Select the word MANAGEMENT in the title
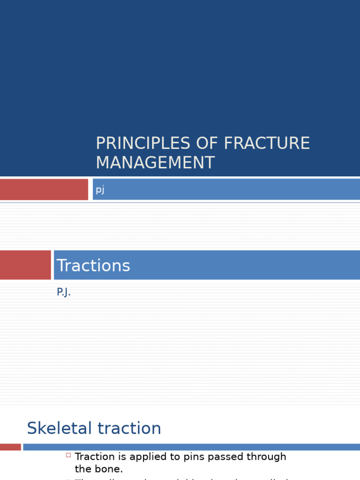[x=155, y=163]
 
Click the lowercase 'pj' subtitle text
[x=100, y=190]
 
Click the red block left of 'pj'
[x=44, y=189]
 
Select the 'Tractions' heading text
[x=93, y=265]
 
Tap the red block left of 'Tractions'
[x=25, y=265]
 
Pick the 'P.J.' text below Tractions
[x=64, y=292]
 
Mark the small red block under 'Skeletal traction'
[x=10, y=447]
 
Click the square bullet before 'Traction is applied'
[x=68, y=455]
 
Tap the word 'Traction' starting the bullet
[x=94, y=457]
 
